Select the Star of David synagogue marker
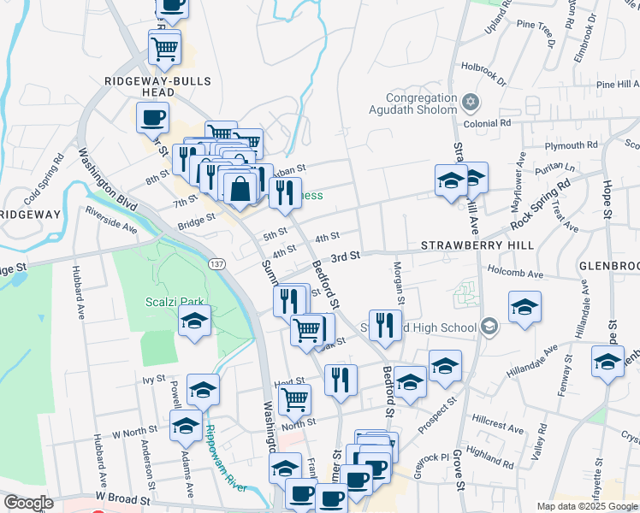[x=469, y=103]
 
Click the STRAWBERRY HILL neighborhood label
[x=477, y=245]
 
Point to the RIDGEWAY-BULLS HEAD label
[x=152, y=86]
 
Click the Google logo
[x=27, y=503]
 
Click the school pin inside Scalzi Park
[x=195, y=321]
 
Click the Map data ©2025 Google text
[x=586, y=506]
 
